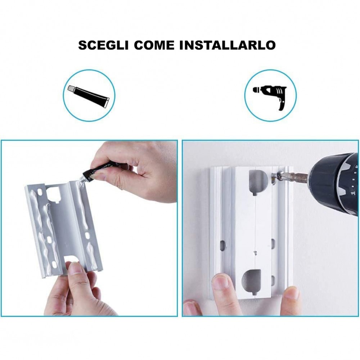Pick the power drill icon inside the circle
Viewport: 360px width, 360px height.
(270, 95)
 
